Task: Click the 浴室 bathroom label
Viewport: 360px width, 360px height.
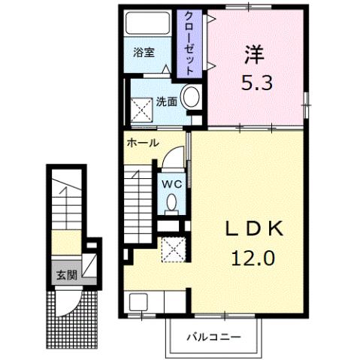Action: (x=144, y=53)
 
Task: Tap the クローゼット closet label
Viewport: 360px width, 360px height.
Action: (x=189, y=42)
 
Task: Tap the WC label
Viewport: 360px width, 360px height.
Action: (x=171, y=183)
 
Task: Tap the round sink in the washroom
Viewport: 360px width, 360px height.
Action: (x=192, y=98)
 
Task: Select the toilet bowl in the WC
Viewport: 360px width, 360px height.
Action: (x=172, y=203)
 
